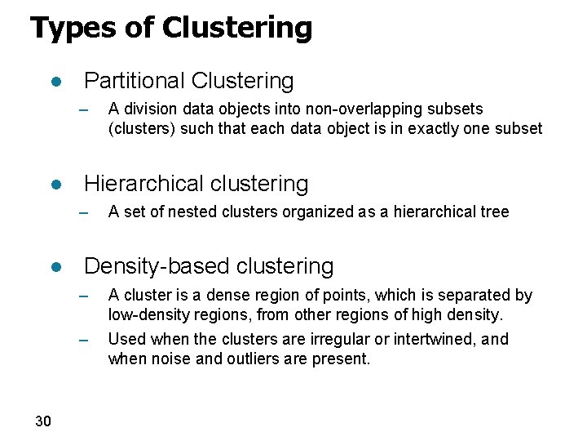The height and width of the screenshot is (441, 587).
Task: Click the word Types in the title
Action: coord(66,29)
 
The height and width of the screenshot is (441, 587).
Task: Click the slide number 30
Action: coord(43,421)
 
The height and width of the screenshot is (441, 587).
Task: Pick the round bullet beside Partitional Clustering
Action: coord(56,82)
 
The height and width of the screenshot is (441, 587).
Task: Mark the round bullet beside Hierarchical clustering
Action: coord(56,185)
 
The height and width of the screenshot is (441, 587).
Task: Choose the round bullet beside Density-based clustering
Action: coord(56,268)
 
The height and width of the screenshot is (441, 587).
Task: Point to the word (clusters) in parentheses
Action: coord(142,128)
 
